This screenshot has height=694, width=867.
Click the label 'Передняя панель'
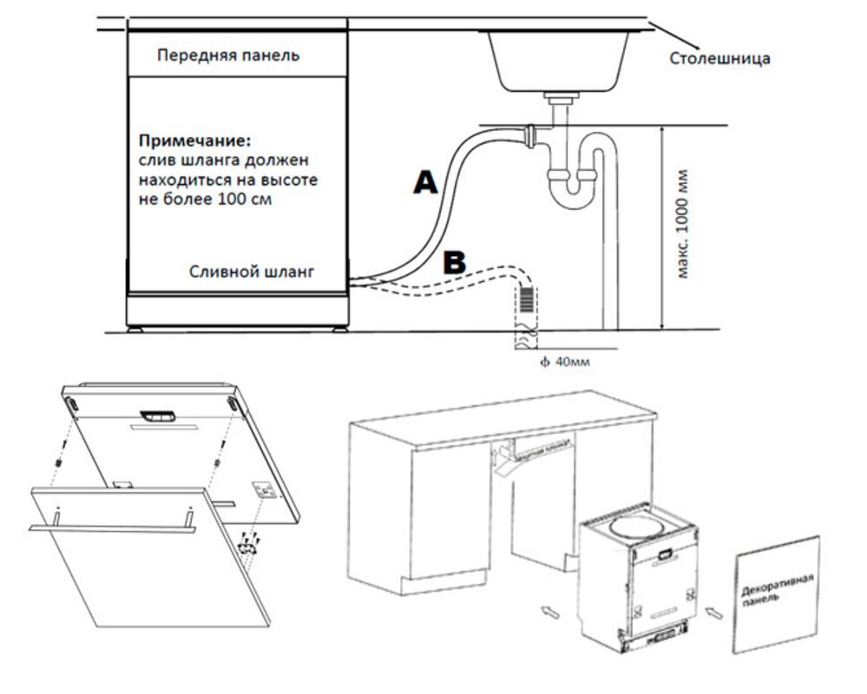(228, 56)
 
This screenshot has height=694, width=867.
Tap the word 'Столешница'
(719, 59)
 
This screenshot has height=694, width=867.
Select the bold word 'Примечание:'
(194, 140)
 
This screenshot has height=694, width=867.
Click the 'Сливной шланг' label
(252, 271)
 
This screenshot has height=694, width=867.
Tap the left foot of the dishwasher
(135, 330)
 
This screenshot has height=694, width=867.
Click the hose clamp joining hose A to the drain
(529, 134)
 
